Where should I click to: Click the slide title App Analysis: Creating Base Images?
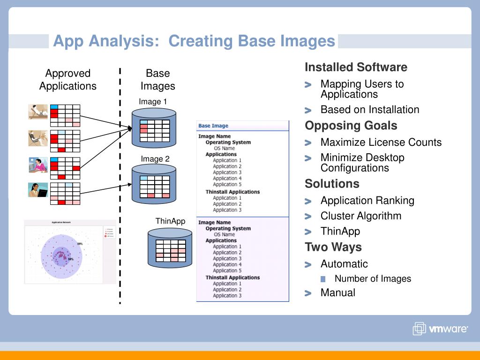194,41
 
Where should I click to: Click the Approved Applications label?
67,80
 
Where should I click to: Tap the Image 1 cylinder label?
153,102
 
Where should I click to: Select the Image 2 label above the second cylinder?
155,159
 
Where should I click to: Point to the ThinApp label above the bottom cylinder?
170,221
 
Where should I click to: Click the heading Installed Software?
356,67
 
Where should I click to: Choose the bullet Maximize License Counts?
381,142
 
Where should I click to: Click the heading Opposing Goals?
351,126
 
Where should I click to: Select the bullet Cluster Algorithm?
360,216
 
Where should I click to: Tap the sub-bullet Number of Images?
373,278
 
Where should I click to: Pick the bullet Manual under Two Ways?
337,292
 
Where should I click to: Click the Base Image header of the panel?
213,126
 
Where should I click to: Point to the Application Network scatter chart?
70,252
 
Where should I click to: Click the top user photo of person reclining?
38,112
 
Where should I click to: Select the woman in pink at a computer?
38,165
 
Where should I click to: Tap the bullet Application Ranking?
367,201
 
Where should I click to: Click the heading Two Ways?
333,247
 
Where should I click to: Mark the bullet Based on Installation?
369,110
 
